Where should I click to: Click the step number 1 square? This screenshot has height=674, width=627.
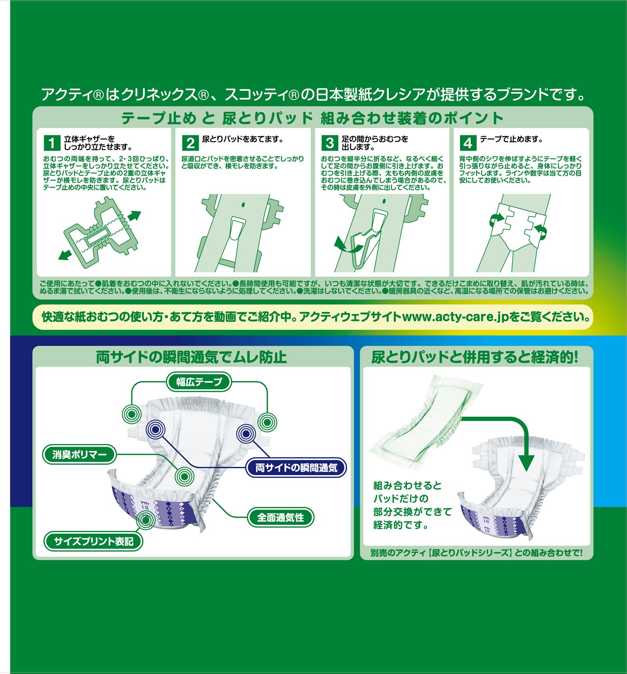52,143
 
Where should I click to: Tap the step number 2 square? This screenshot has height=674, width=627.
190,143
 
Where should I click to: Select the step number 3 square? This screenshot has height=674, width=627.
330,143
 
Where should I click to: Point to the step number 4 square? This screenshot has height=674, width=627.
468,143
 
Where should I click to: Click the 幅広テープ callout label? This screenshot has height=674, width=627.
199,382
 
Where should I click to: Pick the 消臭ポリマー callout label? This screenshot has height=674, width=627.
80,455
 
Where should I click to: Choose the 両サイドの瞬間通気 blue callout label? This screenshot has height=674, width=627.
296,468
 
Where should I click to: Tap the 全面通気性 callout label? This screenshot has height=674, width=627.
280,517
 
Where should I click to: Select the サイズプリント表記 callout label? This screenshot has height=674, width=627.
93,541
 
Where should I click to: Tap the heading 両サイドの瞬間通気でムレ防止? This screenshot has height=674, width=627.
191,357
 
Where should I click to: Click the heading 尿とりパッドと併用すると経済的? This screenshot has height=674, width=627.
475,357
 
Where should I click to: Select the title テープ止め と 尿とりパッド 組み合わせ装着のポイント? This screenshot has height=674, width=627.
312,118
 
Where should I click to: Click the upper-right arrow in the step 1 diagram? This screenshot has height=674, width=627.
134,216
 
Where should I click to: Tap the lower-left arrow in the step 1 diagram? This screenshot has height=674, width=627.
66,254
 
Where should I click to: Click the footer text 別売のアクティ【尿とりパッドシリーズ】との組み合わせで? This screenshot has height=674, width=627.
476,553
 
